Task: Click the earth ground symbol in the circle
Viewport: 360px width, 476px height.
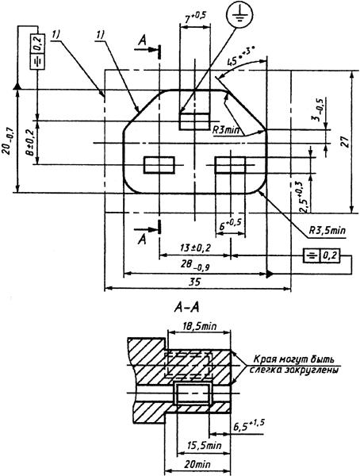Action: pyautogui.click(x=239, y=14)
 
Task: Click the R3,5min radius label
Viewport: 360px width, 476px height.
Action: pyautogui.click(x=327, y=230)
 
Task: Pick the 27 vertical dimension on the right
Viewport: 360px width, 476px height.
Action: pyautogui.click(x=345, y=142)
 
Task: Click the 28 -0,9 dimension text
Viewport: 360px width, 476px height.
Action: pyautogui.click(x=195, y=265)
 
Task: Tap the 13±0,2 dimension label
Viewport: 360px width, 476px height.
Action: pyautogui.click(x=194, y=248)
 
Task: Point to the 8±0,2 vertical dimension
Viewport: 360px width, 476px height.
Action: pyautogui.click(x=29, y=142)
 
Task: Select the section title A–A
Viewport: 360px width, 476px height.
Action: pyautogui.click(x=187, y=308)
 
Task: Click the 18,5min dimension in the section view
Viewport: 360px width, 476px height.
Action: pyautogui.click(x=200, y=326)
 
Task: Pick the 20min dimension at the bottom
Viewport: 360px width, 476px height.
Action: pyautogui.click(x=197, y=464)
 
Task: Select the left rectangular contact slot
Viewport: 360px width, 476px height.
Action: pyautogui.click(x=159, y=165)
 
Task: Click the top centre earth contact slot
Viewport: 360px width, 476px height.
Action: pyautogui.click(x=194, y=121)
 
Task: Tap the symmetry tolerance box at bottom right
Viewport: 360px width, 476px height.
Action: pyautogui.click(x=322, y=255)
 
